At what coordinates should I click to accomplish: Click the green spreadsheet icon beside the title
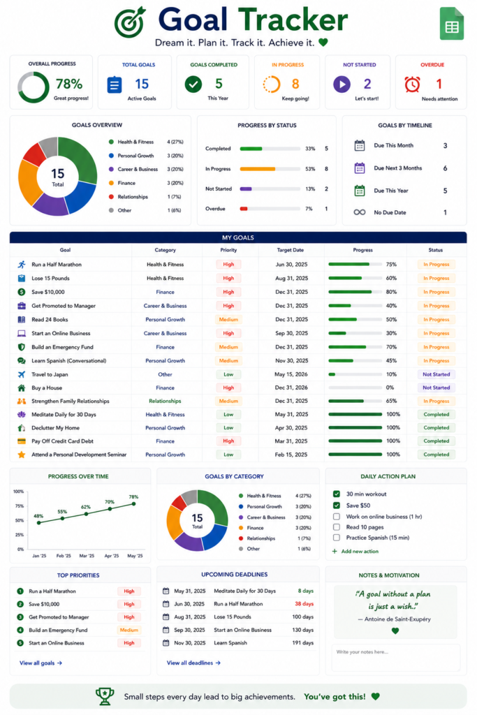[x=451, y=24]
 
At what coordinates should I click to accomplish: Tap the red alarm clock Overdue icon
[x=412, y=84]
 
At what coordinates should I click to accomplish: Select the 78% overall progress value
[x=69, y=84]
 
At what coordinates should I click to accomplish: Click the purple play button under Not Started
[x=342, y=84]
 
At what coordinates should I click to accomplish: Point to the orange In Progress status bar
[x=258, y=169]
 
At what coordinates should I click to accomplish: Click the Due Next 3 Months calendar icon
[x=360, y=168]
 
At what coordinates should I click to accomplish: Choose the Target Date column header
[x=290, y=250]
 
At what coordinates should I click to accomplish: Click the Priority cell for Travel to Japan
[x=228, y=374]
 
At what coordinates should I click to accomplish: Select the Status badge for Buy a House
[x=436, y=388]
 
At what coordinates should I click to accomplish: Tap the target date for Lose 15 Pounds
[x=291, y=278]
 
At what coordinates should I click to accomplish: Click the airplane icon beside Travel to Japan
[x=22, y=374]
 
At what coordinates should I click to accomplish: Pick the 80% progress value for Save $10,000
[x=391, y=292]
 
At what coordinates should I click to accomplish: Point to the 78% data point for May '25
[x=133, y=504]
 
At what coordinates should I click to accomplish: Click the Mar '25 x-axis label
[x=87, y=556]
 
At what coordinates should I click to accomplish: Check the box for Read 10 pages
[x=337, y=527]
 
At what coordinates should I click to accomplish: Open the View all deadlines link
[x=194, y=663]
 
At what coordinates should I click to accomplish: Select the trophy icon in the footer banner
[x=105, y=696]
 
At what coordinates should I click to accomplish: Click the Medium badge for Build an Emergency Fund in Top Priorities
[x=129, y=631]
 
